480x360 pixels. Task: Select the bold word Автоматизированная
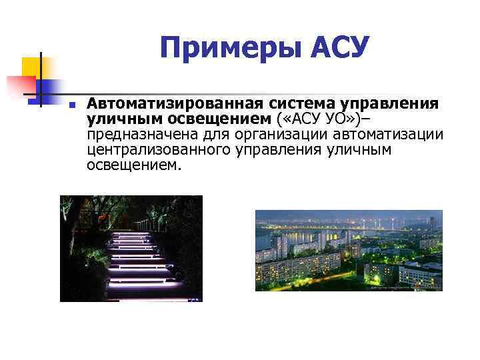pyautogui.click(x=176, y=104)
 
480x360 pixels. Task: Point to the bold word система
pyautogui.click(x=303, y=104)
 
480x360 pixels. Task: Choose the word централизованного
pyautogui.click(x=159, y=150)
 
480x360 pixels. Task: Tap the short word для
pyautogui.click(x=203, y=135)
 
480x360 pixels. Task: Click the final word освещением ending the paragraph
pyautogui.click(x=133, y=165)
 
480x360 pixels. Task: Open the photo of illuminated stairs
pyautogui.click(x=131, y=248)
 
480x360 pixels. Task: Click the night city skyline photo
pyautogui.click(x=349, y=250)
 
